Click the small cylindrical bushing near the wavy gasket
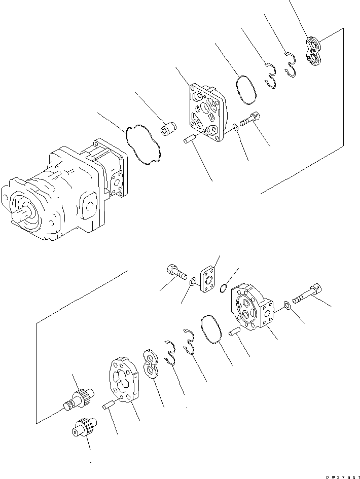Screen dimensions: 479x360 point(168,130)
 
